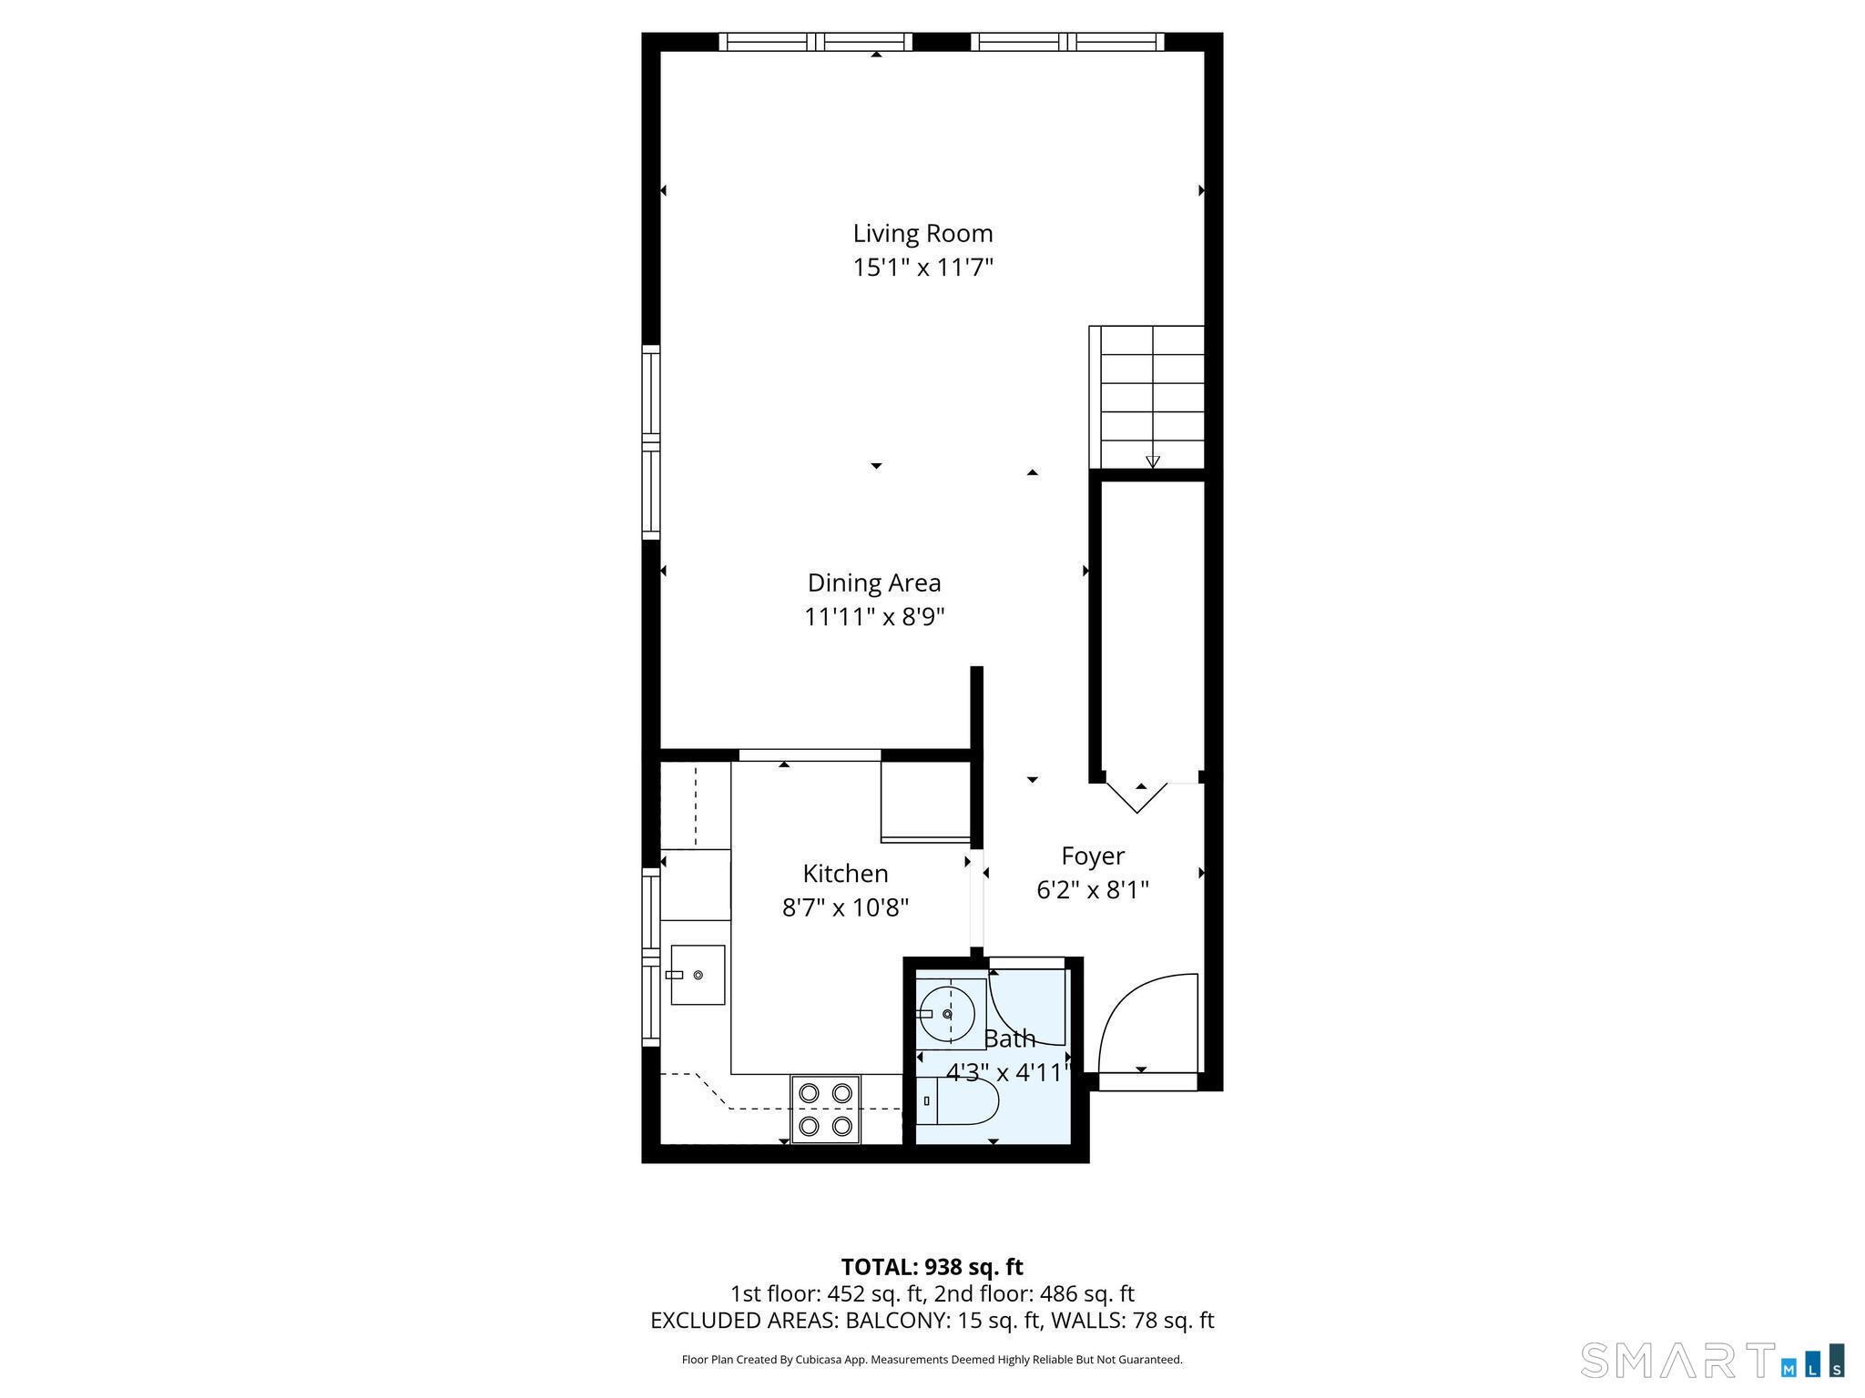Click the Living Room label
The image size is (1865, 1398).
tap(922, 234)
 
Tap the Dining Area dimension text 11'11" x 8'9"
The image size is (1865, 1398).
tap(874, 617)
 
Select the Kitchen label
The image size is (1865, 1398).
tap(845, 874)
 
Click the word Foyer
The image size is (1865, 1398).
tap(1093, 856)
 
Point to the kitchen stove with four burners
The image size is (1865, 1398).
tap(825, 1109)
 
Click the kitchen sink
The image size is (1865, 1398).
tap(698, 975)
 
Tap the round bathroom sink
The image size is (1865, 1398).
tap(947, 1013)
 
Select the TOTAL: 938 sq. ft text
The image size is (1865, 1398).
tap(932, 1267)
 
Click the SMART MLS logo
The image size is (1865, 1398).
tap(1712, 1360)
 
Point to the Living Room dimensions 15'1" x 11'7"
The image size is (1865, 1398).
tap(922, 268)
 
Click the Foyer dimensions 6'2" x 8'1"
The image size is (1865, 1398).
tap(1093, 890)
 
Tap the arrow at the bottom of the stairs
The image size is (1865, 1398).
tap(1153, 461)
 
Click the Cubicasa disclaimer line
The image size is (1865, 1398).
tap(932, 1360)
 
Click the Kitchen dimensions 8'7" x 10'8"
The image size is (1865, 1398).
tap(845, 908)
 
